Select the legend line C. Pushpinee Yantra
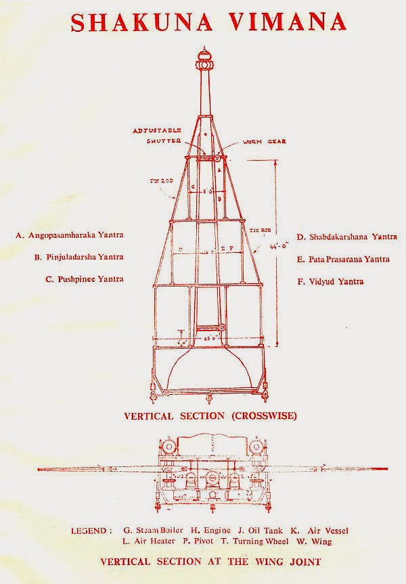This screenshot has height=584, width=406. (x=85, y=278)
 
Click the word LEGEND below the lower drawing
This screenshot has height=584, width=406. (x=92, y=531)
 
